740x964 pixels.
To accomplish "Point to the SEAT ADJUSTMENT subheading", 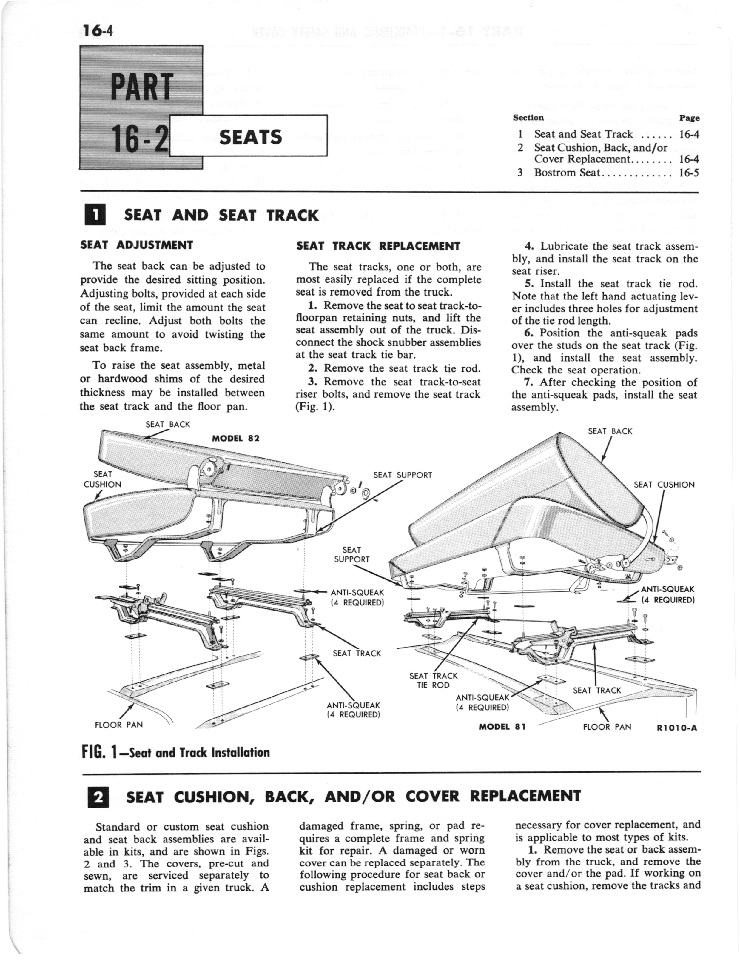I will pos(137,245).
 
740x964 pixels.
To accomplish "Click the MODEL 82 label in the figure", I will pos(236,438).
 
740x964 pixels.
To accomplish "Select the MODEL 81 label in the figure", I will pos(502,727).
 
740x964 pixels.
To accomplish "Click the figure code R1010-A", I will pos(676,728).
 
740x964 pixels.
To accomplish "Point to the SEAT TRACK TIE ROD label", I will pos(434,680).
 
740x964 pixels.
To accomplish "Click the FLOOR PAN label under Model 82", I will pos(119,725).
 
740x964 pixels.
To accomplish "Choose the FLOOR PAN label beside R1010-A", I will pos(607,727).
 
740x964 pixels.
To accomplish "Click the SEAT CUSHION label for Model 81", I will pos(664,485).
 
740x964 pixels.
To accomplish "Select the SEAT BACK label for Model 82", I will pos(168,424).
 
